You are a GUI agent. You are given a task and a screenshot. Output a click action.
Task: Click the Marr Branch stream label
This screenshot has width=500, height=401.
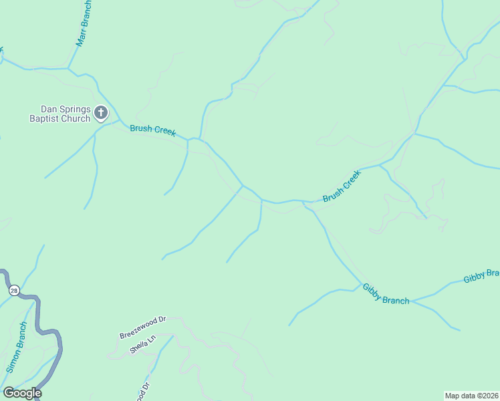[84, 23]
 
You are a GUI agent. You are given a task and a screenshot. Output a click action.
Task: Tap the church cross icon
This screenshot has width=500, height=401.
[101, 112]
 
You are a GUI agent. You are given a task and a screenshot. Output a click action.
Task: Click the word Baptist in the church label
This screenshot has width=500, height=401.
[43, 119]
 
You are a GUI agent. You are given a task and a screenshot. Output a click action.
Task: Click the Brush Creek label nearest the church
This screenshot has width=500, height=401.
[153, 130]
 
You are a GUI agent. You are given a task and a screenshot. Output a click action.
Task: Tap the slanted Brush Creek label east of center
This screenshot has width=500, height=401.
[342, 186]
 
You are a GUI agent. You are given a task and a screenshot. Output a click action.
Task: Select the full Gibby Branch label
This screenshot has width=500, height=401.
[386, 294]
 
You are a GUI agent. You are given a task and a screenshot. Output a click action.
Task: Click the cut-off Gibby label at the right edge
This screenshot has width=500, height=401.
[481, 275]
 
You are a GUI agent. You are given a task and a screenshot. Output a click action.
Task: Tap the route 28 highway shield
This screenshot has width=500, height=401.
[13, 290]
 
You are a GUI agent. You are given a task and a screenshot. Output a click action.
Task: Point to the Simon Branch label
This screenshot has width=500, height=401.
[17, 347]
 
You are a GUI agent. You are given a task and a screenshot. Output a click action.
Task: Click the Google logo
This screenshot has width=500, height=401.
[22, 393]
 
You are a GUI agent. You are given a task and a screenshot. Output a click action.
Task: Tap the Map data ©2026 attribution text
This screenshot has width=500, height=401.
[472, 395]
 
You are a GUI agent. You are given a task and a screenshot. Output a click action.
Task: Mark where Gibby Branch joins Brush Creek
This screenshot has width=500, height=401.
[305, 201]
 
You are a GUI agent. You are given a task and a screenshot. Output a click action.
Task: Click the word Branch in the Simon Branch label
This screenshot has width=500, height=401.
[21, 338]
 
